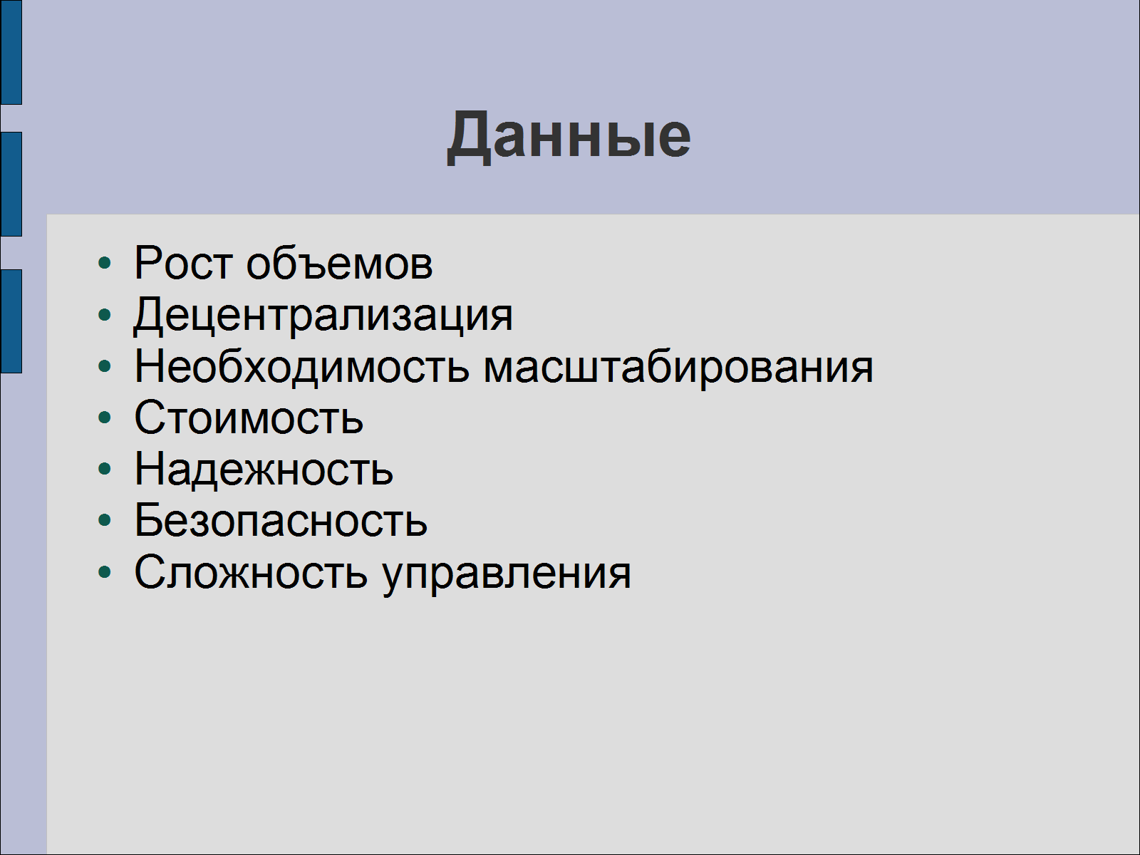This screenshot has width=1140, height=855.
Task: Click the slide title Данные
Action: pyautogui.click(x=569, y=137)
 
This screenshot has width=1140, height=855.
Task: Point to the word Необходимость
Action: pyautogui.click(x=302, y=367)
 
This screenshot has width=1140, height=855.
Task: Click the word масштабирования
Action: pyautogui.click(x=678, y=367)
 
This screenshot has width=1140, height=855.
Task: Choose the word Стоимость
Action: pyautogui.click(x=249, y=418)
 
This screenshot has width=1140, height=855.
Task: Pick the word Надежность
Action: pyautogui.click(x=264, y=470)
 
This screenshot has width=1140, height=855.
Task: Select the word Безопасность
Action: pyautogui.click(x=281, y=520)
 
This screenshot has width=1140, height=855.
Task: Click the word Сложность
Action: pyautogui.click(x=251, y=572)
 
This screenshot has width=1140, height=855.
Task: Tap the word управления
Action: pyautogui.click(x=507, y=575)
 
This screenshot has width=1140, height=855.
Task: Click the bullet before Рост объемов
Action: pyautogui.click(x=105, y=263)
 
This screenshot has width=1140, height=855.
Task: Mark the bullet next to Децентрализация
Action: pyautogui.click(x=105, y=315)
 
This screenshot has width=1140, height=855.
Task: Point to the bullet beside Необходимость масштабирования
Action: pyautogui.click(x=105, y=366)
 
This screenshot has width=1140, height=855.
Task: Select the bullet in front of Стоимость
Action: pyautogui.click(x=105, y=418)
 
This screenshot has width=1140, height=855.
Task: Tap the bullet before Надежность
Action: pyautogui.click(x=105, y=469)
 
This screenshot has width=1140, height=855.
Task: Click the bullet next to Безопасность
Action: pyautogui.click(x=105, y=520)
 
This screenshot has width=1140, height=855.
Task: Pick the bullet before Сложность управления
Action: pyautogui.click(x=105, y=572)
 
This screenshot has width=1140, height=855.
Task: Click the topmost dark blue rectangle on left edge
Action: pyautogui.click(x=11, y=52)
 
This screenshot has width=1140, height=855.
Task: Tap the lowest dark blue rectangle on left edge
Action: pyautogui.click(x=11, y=321)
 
